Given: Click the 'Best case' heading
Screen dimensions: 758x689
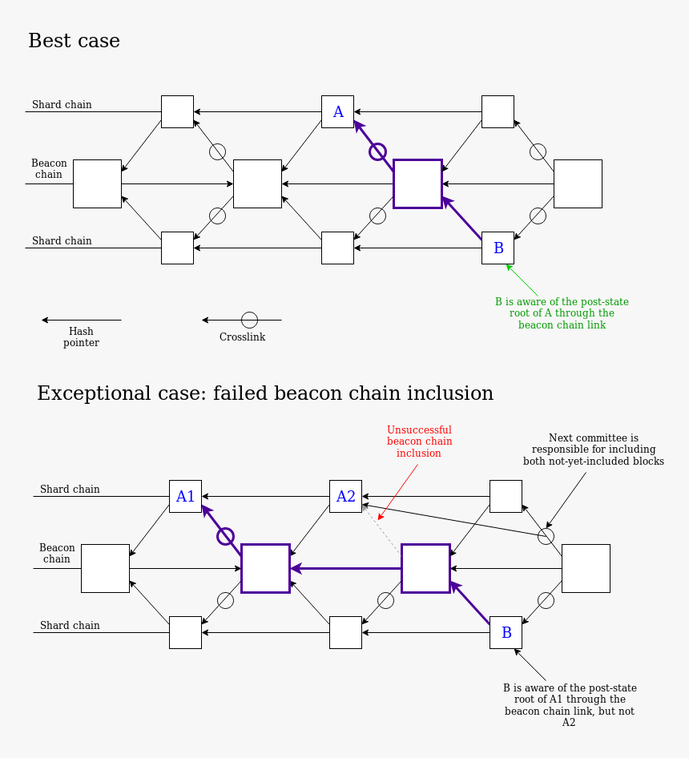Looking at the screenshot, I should tap(74, 41).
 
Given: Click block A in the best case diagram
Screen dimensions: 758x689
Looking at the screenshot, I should tap(337, 111).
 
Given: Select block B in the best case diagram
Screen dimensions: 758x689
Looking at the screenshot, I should tap(498, 248).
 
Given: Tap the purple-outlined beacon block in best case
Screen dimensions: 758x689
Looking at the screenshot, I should tap(417, 183).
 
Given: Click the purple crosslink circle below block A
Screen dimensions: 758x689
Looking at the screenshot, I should tap(377, 151).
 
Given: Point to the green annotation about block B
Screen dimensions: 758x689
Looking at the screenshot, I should tap(562, 313).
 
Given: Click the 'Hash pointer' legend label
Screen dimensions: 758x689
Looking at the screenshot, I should tap(81, 337).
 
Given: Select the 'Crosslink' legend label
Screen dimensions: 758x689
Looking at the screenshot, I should tap(242, 337).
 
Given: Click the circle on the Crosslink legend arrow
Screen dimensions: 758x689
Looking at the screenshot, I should tap(249, 320).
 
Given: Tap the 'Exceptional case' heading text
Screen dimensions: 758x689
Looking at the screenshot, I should tap(264, 393).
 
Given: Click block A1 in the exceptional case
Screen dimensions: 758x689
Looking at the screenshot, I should tap(185, 496).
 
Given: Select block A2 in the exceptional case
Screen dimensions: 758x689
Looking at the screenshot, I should tap(345, 496).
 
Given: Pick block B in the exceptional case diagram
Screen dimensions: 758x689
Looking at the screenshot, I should tap(506, 632).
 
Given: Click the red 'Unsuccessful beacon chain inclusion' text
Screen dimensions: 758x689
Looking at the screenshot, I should tap(419, 441).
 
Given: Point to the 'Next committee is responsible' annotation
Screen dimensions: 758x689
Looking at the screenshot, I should tap(593, 449).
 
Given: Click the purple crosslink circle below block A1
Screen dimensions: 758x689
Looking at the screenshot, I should tap(225, 535).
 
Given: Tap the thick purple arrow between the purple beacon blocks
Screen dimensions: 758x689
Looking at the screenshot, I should tap(345, 568).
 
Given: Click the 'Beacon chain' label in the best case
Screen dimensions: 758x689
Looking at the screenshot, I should tap(49, 168).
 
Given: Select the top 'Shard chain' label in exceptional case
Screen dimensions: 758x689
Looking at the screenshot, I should tap(70, 489).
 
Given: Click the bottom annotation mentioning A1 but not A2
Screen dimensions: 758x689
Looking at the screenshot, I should tap(569, 705).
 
